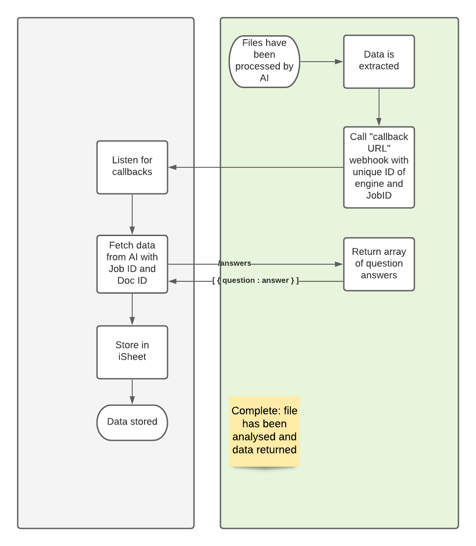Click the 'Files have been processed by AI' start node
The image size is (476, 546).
[264, 62]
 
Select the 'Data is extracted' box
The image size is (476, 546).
[379, 62]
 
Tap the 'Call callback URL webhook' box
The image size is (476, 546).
[379, 167]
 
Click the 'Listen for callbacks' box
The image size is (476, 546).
[132, 167]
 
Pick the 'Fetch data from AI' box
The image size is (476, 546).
[132, 264]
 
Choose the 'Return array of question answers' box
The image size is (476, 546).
[379, 264]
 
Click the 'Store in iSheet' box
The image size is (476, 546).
[132, 352]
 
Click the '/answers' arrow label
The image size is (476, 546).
[235, 263]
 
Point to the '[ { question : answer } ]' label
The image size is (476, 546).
[256, 280]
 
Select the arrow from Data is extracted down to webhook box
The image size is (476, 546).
[379, 106]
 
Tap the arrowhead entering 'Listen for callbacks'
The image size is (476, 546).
[172, 167]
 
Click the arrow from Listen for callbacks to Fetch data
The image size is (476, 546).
[132, 214]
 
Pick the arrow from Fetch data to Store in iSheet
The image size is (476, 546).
[132, 308]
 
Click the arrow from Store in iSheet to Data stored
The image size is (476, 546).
[132, 391]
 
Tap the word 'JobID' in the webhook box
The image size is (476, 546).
[379, 196]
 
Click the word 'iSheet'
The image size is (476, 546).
[132, 357]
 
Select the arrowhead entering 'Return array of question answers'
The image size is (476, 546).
[339, 264]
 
